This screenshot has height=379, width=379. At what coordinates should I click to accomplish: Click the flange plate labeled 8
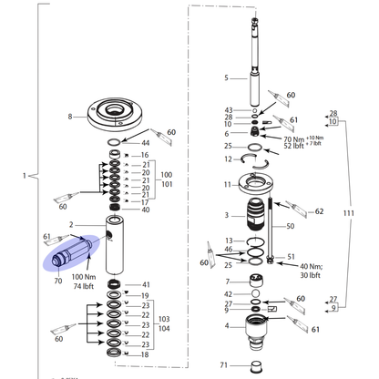pos(115,117)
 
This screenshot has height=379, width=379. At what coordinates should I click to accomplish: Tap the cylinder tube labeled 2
pos(115,244)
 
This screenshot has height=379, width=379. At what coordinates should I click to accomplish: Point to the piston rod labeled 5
pos(256,60)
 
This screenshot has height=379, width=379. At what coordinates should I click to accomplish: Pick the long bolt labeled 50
pos(270,230)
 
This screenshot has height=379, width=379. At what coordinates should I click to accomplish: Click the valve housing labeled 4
pos(256,332)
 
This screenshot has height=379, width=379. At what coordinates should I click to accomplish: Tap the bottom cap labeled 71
pos(257,366)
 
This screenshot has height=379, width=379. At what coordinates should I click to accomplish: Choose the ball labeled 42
pos(256,293)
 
